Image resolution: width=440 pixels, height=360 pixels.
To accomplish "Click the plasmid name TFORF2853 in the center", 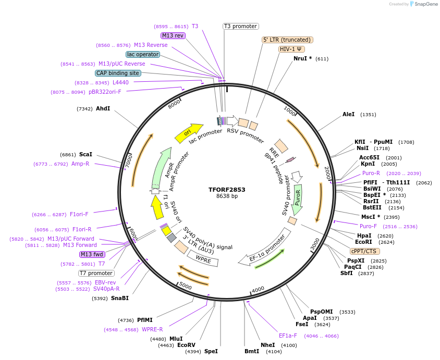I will tap(227, 189).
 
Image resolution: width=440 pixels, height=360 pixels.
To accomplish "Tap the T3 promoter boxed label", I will tap(240, 26).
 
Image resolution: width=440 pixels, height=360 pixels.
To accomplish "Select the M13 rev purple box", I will tap(173, 35).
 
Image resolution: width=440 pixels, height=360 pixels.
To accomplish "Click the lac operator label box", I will tap(143, 54).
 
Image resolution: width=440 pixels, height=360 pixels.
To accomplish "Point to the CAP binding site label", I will tap(118, 73).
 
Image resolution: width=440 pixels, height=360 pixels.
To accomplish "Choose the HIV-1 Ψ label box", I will tap(292, 49).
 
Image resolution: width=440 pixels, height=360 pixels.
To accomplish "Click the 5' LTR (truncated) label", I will tap(287, 40).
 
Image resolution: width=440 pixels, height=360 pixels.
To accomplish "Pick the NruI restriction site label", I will tap(302, 58).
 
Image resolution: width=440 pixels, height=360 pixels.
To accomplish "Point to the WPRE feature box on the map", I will tap(203, 259).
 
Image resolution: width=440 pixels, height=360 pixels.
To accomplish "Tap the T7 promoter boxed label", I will tap(96, 273).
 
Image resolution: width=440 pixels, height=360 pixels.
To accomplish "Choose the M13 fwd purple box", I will tap(92, 254).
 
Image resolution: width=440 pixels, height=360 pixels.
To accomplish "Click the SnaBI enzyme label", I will tap(119, 298).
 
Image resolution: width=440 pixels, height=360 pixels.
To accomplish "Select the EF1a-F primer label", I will tap(288, 336).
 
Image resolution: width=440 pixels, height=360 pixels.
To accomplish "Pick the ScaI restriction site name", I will tap(85, 154).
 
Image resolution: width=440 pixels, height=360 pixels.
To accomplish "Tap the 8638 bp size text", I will tap(227, 196).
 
